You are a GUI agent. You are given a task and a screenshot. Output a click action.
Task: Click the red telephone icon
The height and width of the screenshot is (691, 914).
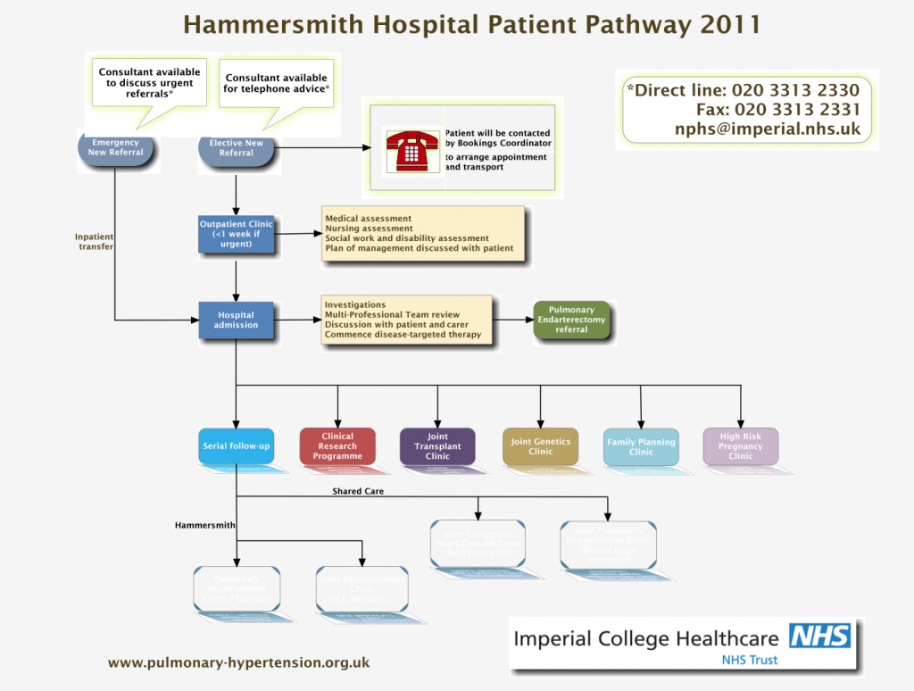411,149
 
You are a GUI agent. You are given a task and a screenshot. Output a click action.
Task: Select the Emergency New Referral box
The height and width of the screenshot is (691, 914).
115,148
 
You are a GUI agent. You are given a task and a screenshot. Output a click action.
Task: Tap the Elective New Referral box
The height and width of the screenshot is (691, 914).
236,148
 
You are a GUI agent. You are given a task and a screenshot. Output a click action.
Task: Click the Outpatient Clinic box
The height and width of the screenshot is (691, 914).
236,232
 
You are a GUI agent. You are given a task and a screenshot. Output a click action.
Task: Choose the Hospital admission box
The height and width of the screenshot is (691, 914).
236,320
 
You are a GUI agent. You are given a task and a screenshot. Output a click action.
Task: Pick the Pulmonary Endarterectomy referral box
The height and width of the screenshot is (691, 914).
571,320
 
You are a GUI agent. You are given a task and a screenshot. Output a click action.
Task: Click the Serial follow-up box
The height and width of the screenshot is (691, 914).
236,445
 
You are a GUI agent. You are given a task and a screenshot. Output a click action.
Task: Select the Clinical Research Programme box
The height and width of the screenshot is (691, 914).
337,445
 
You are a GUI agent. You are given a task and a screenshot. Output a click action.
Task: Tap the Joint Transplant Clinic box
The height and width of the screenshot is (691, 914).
437,445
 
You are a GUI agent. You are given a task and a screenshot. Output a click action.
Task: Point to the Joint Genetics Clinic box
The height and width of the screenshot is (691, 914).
540,445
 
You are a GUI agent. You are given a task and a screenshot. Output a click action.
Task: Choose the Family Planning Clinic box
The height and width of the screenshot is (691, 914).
641,445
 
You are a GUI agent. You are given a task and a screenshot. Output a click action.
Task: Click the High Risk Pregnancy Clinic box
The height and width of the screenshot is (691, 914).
740,445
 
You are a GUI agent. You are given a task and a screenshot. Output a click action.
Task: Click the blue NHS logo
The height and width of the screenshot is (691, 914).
819,636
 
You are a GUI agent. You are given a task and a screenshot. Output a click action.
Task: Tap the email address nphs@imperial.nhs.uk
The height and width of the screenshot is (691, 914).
767,129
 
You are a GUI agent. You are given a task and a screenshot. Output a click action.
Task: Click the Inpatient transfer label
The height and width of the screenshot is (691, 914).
96,241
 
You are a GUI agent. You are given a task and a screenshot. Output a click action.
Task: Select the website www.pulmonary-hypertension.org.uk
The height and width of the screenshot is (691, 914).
238,662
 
